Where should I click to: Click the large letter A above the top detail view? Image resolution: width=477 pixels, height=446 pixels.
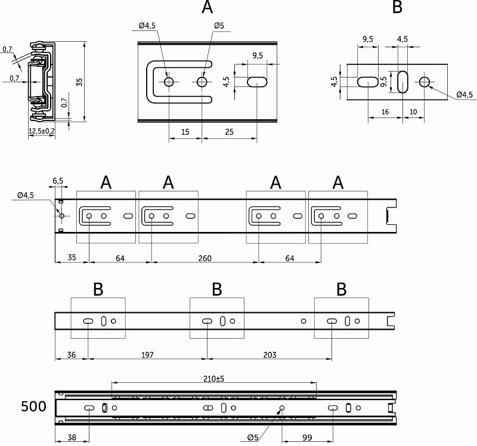[207, 8]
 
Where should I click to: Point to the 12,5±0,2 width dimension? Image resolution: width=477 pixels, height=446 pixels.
[41, 131]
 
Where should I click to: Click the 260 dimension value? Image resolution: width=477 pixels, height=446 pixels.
[204, 258]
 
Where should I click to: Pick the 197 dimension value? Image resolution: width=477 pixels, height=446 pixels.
[147, 355]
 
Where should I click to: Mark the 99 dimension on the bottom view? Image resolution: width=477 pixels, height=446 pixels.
[306, 438]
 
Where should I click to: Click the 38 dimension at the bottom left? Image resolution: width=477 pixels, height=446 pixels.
[72, 438]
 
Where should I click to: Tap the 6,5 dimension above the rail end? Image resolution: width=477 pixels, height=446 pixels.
[58, 181]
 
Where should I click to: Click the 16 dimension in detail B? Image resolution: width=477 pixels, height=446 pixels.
[385, 112]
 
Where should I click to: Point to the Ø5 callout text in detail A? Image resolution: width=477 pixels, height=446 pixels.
[219, 26]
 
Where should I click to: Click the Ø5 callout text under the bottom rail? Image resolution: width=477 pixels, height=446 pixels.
[254, 438]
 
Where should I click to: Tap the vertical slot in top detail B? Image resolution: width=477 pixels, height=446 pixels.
[402, 82]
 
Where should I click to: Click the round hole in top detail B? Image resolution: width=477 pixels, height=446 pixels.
[425, 82]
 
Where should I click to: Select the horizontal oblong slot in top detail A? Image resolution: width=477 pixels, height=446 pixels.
[257, 82]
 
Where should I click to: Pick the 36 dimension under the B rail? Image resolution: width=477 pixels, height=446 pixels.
[72, 355]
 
